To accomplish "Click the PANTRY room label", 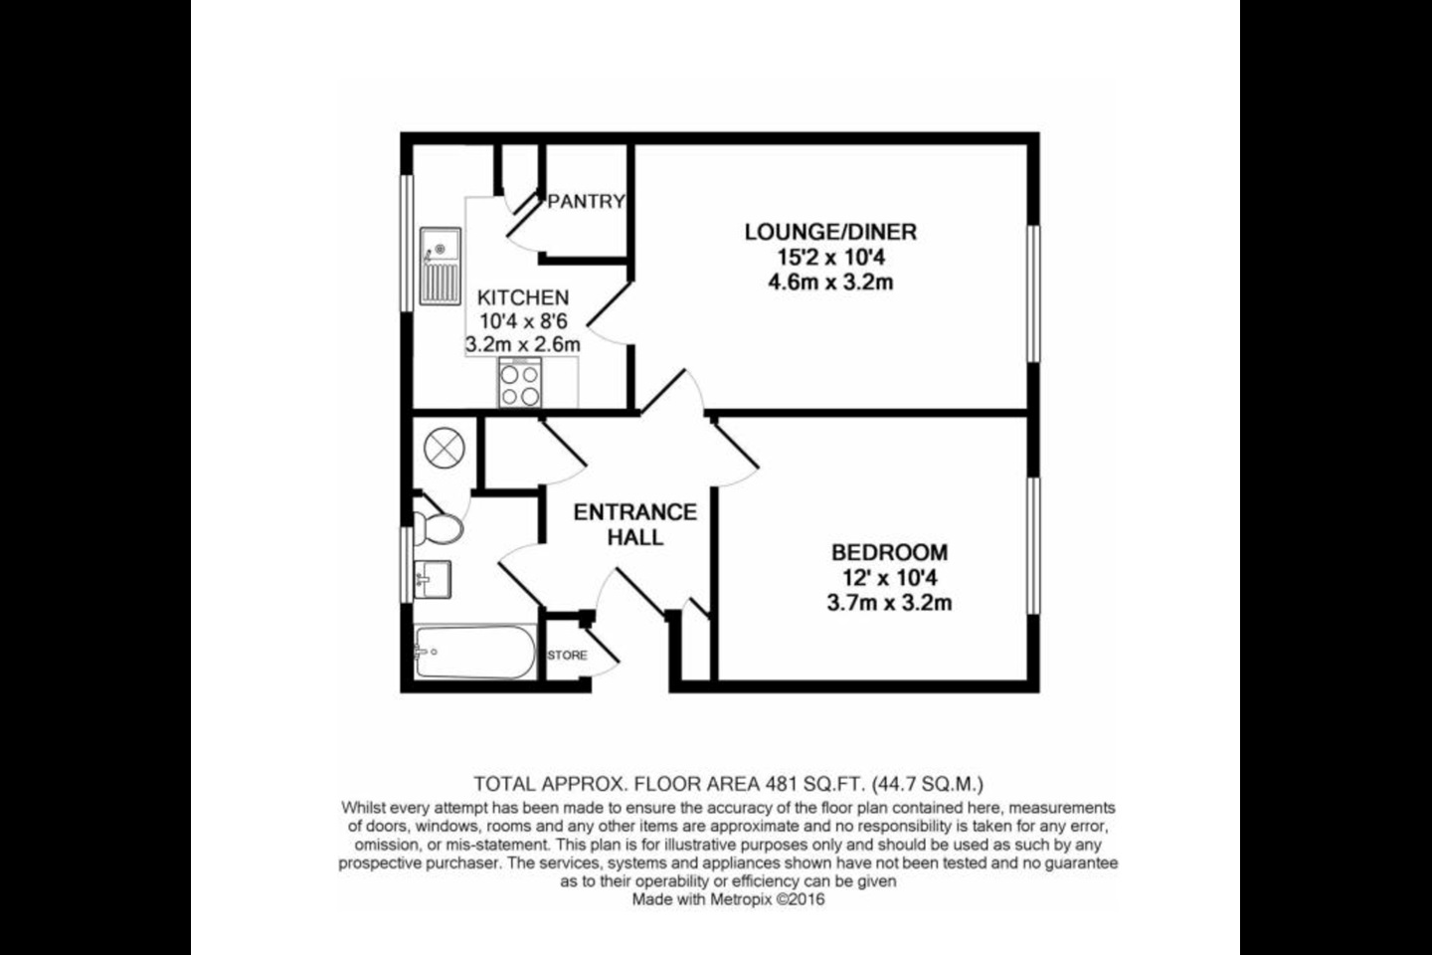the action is pyautogui.click(x=587, y=202).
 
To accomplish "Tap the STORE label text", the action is pyautogui.click(x=567, y=655).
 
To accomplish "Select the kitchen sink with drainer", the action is pyautogui.click(x=441, y=266).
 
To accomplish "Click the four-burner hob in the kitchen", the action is pyautogui.click(x=520, y=383).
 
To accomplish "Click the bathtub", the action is pyautogui.click(x=475, y=652).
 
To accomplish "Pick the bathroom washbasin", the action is pyautogui.click(x=433, y=580).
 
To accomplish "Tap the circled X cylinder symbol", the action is pyautogui.click(x=445, y=447).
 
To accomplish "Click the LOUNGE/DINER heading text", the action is pyautogui.click(x=830, y=232).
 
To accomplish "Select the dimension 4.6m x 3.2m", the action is pyautogui.click(x=830, y=283).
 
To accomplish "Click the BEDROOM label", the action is pyautogui.click(x=889, y=552).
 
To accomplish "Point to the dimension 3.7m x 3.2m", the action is pyautogui.click(x=889, y=603).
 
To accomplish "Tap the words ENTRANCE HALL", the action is pyautogui.click(x=634, y=524).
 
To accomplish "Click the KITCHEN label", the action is pyautogui.click(x=523, y=297).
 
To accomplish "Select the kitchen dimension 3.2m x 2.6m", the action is pyautogui.click(x=523, y=345).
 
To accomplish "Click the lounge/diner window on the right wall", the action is pyautogui.click(x=1033, y=293).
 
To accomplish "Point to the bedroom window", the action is pyautogui.click(x=1033, y=545).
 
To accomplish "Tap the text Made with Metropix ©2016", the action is pyautogui.click(x=728, y=899).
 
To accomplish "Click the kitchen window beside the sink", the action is pyautogui.click(x=407, y=243).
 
